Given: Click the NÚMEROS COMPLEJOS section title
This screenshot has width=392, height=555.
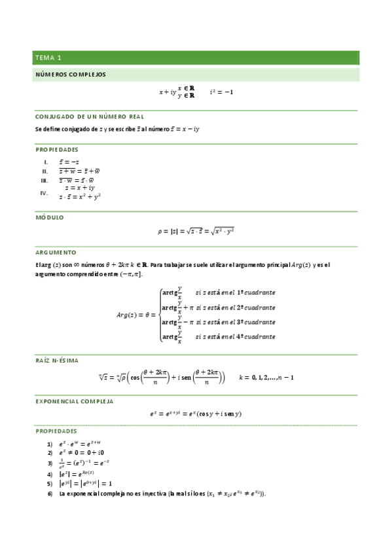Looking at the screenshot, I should (70, 75).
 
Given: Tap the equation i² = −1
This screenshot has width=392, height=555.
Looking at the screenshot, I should (221, 92).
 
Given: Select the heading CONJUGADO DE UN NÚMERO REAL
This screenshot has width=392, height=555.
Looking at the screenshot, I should (89, 116).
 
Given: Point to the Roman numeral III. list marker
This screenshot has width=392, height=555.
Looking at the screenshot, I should (45, 180).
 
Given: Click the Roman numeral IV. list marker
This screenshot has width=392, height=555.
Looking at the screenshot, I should (45, 193).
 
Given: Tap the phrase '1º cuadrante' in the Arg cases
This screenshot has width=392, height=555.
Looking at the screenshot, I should (255, 292).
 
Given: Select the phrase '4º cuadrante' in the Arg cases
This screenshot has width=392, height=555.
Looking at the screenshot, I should (255, 337).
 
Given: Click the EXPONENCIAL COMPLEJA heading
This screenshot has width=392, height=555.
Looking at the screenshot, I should (74, 400).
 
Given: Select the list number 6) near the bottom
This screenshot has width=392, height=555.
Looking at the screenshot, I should (50, 493).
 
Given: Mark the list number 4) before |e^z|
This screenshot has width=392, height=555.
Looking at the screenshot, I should (50, 473).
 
